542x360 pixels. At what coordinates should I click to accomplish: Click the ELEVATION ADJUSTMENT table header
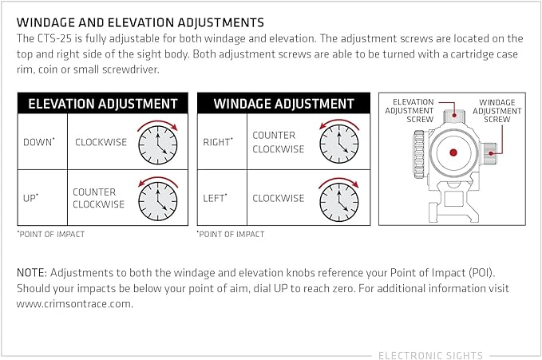(x=103, y=104)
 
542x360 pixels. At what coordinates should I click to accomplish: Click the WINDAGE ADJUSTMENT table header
(x=284, y=104)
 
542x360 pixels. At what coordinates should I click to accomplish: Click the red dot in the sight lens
(x=453, y=152)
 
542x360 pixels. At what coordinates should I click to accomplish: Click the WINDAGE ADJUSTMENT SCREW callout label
(x=497, y=111)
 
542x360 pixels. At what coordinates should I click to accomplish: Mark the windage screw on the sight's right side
(x=489, y=152)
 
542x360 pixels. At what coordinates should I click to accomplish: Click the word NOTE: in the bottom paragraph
(x=31, y=273)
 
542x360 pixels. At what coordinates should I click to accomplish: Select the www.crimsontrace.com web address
(x=75, y=304)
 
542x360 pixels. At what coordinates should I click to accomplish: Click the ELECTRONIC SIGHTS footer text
(x=430, y=355)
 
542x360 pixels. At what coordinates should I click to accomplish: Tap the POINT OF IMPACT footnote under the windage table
(x=231, y=234)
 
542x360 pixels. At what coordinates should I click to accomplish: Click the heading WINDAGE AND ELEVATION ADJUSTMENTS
(x=140, y=23)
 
